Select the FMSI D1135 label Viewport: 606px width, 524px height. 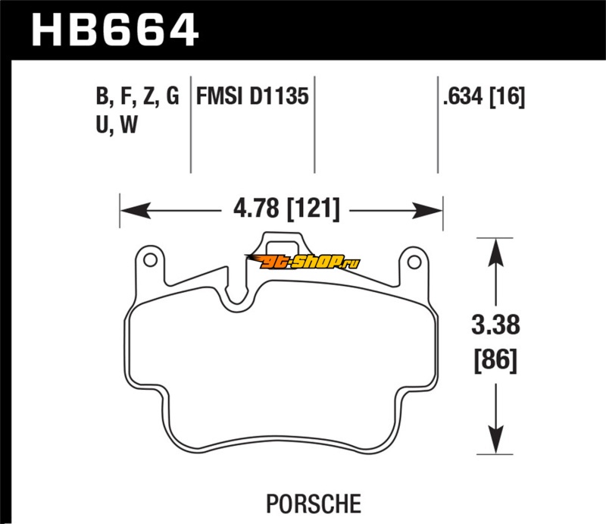pos(252,97)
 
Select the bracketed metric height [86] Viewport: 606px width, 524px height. pos(497,359)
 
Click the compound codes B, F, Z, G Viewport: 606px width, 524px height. pos(137,97)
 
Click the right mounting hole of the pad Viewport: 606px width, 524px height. pos(413,262)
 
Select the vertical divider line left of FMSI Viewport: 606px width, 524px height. pos(190,125)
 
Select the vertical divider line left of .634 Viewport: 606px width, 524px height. pos(438,125)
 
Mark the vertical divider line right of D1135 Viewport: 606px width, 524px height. pos(314,125)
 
